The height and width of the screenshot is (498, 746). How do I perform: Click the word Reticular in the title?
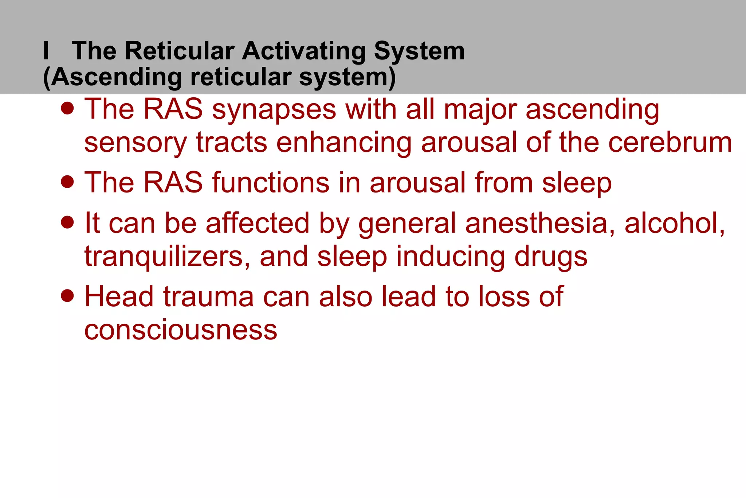[179, 51]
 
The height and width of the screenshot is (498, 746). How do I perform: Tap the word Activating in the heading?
[304, 51]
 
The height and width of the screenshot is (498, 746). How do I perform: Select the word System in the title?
[419, 51]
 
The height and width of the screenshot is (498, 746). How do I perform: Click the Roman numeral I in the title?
[46, 51]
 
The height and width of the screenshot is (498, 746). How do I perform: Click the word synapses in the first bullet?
[274, 110]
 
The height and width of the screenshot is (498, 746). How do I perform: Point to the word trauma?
[208, 296]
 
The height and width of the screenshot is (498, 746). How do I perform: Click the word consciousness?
[181, 330]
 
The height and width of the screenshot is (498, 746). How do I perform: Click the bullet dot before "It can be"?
[67, 222]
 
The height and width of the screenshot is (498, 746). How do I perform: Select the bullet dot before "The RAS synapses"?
[67, 108]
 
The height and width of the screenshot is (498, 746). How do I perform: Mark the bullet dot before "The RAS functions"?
[67, 181]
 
